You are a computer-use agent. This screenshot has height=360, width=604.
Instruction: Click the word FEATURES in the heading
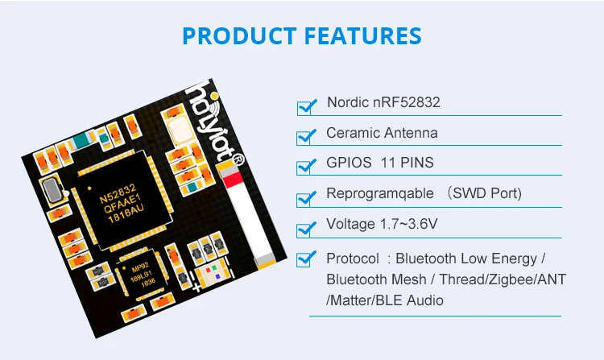[363, 36]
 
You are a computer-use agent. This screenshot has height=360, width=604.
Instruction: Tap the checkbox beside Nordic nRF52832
[306, 106]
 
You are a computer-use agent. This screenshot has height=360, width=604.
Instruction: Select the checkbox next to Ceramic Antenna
[306, 135]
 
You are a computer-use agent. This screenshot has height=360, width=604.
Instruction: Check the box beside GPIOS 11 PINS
[306, 166]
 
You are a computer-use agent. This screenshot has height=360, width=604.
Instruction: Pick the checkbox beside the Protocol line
[306, 259]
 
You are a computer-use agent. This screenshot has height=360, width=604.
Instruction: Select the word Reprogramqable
[378, 194]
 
